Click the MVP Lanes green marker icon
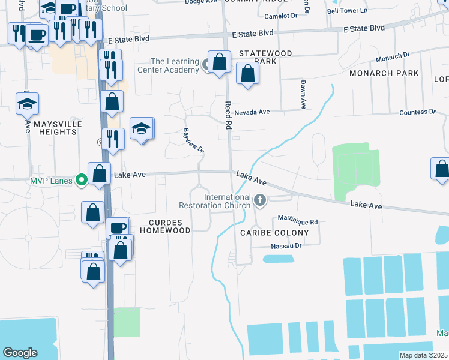click(80, 180)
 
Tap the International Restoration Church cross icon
click(260, 200)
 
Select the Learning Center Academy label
click(175, 66)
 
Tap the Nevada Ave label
click(253, 112)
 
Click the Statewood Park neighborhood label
click(265, 57)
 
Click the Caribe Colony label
click(274, 233)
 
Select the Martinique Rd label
click(297, 221)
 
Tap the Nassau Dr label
click(285, 245)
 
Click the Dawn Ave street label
click(303, 94)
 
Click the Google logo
click(20, 353)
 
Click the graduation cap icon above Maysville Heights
click(27, 104)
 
